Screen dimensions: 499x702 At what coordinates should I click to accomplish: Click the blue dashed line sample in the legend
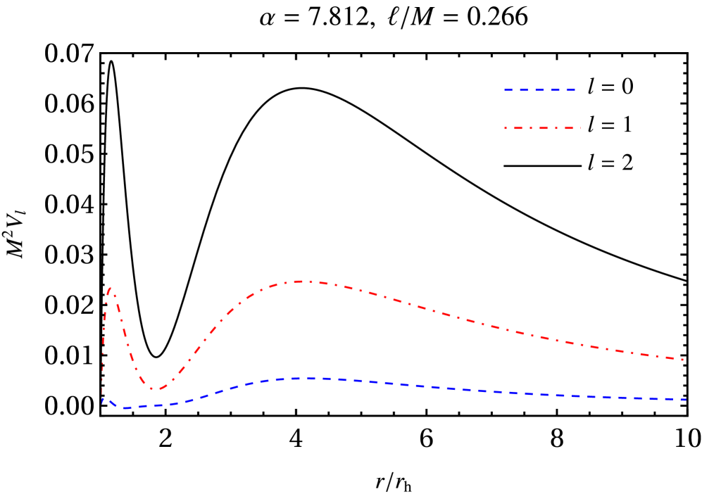coord(539,90)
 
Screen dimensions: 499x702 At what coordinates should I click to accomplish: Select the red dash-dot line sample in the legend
coord(544,128)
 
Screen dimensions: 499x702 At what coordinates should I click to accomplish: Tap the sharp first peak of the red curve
coord(111,288)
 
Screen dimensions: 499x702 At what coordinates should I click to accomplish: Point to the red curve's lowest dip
coord(155,389)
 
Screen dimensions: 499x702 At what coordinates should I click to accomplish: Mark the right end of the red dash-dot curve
coord(684,360)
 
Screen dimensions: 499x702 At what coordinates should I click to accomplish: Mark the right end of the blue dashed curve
coord(687,400)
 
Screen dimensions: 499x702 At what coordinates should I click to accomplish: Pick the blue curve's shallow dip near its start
coord(125,408)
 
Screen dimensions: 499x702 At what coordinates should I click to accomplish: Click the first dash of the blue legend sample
coord(508,90)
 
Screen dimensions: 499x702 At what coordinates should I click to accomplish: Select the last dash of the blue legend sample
coord(570,90)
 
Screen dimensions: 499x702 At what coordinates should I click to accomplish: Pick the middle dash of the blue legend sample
coord(539,90)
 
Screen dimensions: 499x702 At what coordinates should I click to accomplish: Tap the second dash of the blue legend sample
coord(524,90)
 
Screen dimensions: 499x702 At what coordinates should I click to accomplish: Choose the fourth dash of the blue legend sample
coord(555,90)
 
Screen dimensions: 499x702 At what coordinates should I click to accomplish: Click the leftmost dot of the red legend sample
coord(506,128)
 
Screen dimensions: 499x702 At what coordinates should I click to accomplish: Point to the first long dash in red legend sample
coord(518,128)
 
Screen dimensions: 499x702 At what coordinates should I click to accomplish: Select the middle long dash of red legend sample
coord(544,128)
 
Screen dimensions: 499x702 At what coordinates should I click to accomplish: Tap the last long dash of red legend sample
coord(569,128)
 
